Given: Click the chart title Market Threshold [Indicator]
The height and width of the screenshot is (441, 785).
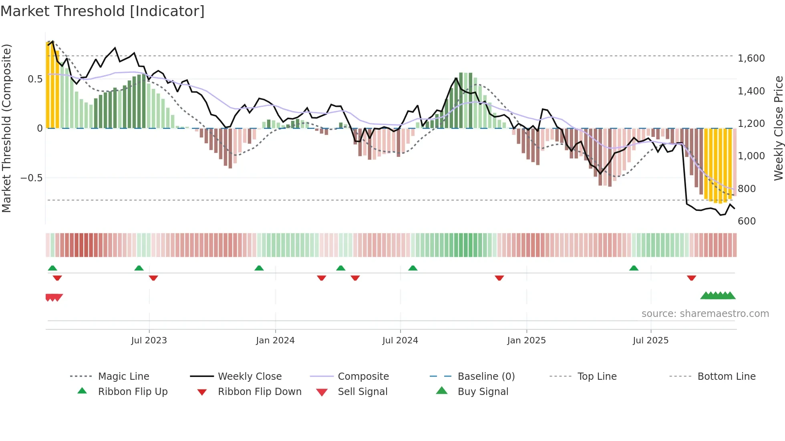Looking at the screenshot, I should (103, 11).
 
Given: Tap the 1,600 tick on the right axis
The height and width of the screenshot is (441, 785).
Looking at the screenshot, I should (751, 58).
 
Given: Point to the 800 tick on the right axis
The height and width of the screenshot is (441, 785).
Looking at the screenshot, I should (747, 188).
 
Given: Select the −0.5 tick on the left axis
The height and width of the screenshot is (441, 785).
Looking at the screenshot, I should (31, 178).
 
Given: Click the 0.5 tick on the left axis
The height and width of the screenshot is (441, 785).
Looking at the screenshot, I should (35, 79).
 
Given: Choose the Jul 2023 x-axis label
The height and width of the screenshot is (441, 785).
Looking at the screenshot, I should (149, 341).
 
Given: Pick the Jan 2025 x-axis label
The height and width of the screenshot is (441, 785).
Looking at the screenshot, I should (526, 341).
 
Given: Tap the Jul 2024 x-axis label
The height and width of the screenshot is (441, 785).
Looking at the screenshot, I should (400, 341).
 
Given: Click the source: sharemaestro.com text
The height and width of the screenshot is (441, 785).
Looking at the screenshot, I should (705, 314).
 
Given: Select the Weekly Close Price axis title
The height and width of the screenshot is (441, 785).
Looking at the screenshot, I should (778, 128).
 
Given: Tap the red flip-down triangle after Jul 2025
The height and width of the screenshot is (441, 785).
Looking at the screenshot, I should (691, 278).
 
